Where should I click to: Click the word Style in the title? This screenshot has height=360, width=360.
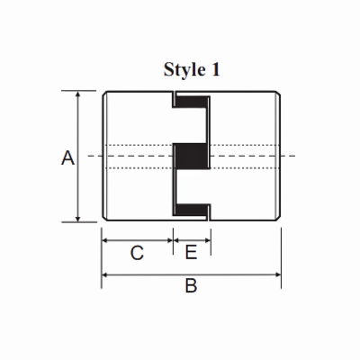(x=184, y=70)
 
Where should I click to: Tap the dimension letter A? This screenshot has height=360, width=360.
(x=66, y=158)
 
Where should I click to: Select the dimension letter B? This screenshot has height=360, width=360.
(x=190, y=286)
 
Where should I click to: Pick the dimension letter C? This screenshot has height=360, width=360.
(x=137, y=254)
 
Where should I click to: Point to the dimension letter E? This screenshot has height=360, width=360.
(x=191, y=254)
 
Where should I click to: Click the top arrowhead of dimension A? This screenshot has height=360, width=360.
(x=79, y=94)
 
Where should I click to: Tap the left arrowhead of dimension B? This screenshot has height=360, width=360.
(x=105, y=271)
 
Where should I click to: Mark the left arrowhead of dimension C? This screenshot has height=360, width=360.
(x=105, y=240)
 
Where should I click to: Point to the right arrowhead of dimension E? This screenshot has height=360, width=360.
(x=207, y=240)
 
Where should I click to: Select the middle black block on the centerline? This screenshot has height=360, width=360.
(x=191, y=157)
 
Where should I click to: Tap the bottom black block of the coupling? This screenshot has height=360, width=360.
(x=191, y=211)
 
